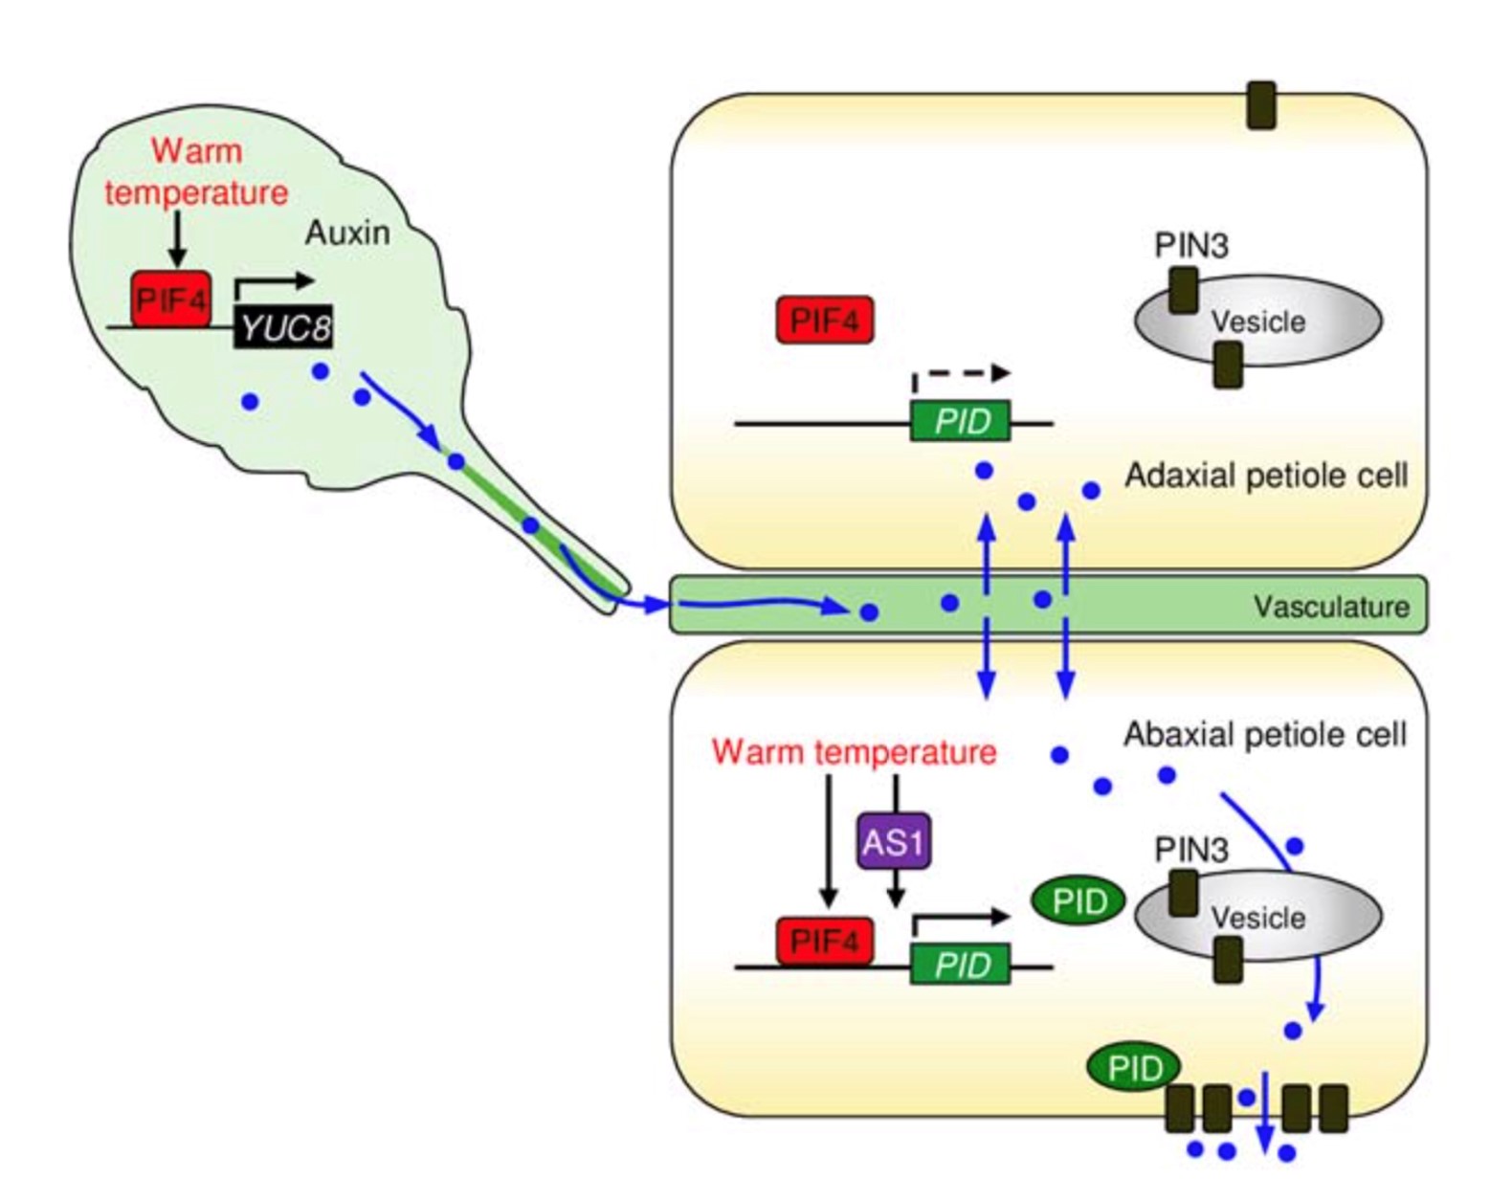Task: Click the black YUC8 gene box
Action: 284,329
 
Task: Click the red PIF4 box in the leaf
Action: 170,300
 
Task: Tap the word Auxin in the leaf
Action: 347,233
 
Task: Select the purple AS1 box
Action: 894,841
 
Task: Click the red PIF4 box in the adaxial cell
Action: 825,320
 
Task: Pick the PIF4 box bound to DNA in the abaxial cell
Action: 825,941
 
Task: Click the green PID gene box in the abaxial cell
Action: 960,965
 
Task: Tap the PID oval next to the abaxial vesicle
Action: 1078,900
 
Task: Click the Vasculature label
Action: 1330,607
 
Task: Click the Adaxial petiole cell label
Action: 1265,476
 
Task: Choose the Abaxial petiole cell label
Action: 1265,735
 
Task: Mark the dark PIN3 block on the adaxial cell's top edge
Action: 1261,105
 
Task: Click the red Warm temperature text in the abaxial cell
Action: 854,752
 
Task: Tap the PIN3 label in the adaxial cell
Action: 1190,246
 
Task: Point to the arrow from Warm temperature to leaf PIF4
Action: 177,239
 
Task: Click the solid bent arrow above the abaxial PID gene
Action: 960,919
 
